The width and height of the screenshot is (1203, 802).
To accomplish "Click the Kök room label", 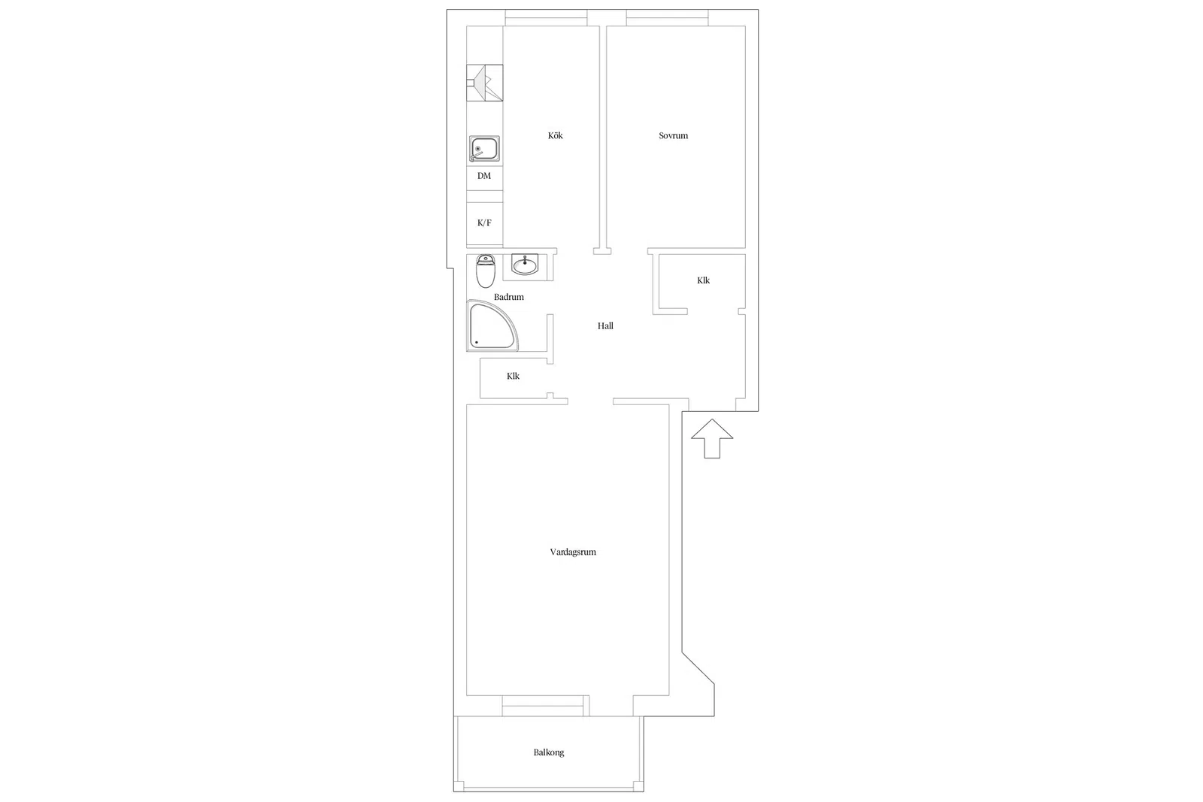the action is (556, 135).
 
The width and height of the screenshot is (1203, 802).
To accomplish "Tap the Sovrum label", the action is (673, 135).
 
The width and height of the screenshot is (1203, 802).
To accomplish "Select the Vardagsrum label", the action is (572, 552).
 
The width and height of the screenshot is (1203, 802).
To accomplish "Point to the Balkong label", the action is (548, 752).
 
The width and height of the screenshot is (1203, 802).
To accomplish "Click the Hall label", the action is (605, 326).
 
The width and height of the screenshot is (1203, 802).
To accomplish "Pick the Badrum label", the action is (508, 297).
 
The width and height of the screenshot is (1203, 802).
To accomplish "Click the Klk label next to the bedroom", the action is (703, 280).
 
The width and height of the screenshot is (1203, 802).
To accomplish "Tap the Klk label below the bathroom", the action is (513, 376).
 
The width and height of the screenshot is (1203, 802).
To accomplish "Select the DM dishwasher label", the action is (484, 176).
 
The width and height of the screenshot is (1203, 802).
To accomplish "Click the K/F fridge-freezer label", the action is (484, 222).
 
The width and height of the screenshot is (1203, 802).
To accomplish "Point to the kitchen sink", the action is (484, 149).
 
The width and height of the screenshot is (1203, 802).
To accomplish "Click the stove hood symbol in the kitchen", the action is (484, 83).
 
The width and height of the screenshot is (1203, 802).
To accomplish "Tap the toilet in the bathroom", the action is (486, 271).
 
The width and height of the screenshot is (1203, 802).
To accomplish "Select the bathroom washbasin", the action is (525, 264).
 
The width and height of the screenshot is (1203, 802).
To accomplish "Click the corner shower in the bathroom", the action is (492, 326).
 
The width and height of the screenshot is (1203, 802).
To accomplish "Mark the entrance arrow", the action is (712, 438).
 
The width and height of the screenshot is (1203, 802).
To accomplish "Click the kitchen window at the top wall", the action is (546, 18).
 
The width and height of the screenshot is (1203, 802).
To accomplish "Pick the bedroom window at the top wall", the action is (667, 18).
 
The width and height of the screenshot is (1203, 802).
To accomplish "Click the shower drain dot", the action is (477, 342).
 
